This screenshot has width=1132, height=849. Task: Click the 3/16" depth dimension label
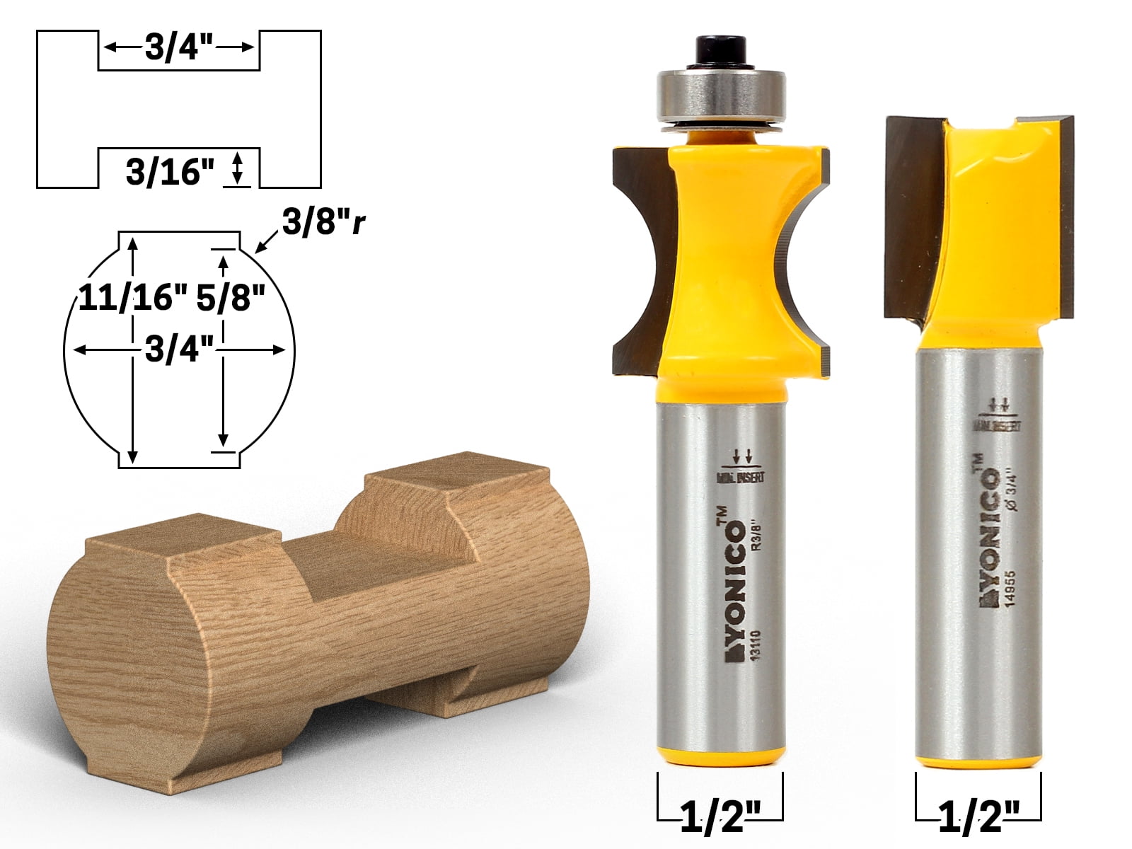click(170, 172)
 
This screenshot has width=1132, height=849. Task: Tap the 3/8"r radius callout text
click(324, 223)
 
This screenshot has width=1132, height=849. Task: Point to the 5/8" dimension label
click(230, 298)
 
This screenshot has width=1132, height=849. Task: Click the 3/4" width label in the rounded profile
click(179, 350)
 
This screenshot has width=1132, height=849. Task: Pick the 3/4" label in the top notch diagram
click(179, 49)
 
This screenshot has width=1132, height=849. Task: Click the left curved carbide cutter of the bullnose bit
click(640, 262)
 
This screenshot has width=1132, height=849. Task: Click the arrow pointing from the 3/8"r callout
click(265, 244)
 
